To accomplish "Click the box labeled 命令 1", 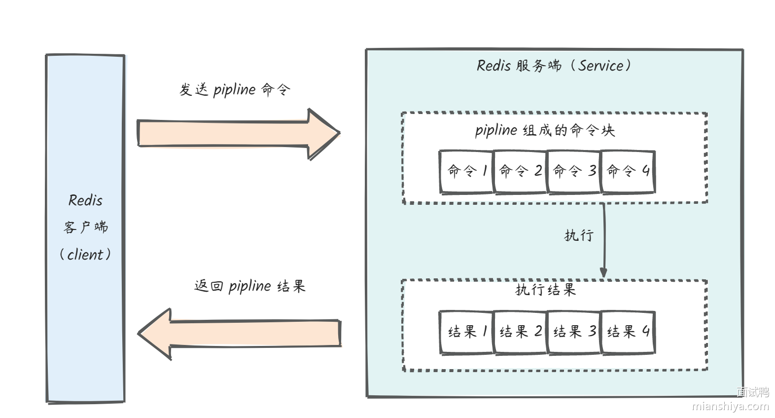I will pos(466,171).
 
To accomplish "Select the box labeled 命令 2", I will pos(520,171).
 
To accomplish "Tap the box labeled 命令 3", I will pos(574,171).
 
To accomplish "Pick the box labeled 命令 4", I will pos(628,171).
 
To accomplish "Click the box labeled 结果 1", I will pos(466,332).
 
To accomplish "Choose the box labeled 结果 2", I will pos(520,332).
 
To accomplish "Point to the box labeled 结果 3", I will pos(574,332).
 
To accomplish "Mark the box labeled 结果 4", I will pos(628,332).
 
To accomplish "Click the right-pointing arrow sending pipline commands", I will pos(237,133).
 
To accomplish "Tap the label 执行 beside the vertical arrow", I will pos(579,235).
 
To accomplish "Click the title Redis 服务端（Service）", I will pos(553,66).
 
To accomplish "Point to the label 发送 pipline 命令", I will pos(235,90).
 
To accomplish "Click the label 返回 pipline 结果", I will pos(249,286).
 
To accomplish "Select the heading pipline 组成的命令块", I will pos(545,130).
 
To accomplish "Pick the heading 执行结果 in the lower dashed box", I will pos(545,290).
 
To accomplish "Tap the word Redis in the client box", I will pos(85,200).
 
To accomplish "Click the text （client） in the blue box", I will pos(85,255).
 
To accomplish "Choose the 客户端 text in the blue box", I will pos(85,228).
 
